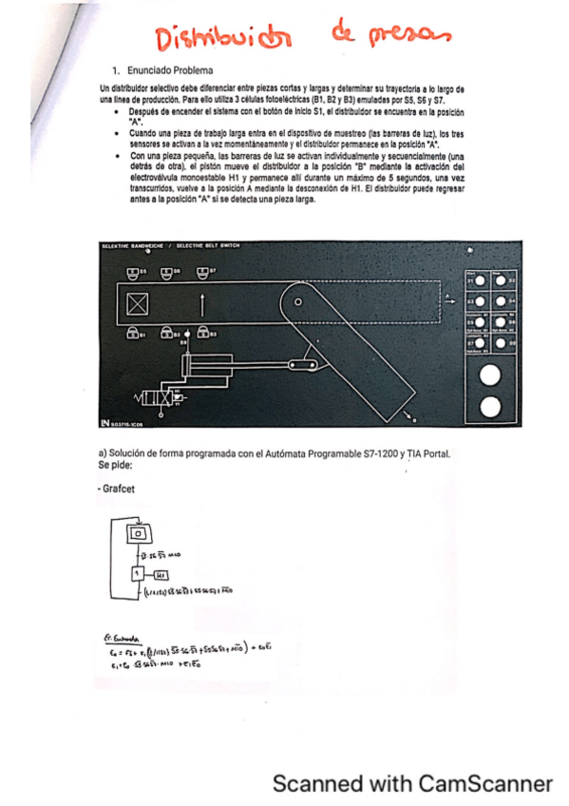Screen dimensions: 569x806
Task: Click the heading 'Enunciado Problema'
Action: pos(170,70)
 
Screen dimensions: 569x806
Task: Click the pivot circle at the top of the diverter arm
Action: pos(297,302)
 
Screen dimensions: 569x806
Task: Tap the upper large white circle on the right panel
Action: pos(490,375)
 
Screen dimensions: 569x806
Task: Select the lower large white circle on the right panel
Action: pos(490,408)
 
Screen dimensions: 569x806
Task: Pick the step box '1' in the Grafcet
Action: pos(136,574)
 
